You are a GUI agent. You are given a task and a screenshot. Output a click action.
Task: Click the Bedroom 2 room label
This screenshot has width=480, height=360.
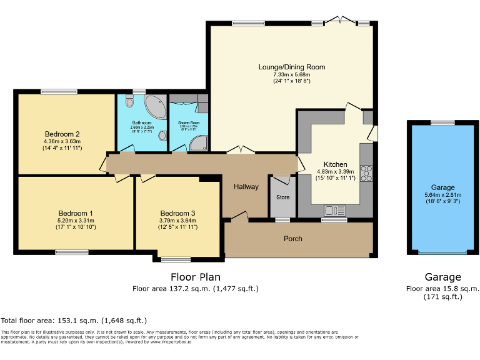(62, 134)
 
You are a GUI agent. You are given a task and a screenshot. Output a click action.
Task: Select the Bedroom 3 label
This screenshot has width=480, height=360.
(177, 212)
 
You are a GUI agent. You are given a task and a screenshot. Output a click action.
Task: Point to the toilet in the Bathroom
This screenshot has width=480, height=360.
(162, 135)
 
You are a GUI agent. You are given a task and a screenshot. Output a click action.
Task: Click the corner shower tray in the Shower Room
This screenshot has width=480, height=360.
(199, 144)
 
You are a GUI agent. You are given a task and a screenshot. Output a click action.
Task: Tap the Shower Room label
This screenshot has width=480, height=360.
(188, 122)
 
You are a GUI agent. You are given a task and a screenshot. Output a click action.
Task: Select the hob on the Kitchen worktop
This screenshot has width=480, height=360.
(366, 172)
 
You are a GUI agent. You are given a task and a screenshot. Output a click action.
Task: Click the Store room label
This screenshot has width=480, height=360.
(283, 197)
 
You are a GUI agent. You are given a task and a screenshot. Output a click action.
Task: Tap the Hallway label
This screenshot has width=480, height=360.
(246, 186)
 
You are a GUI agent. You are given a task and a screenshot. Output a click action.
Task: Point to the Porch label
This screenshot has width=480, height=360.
(293, 239)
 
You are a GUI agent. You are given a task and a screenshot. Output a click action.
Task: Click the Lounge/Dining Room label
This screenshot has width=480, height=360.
(292, 67)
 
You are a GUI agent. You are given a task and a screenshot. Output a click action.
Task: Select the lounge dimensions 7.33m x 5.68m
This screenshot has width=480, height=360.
(292, 74)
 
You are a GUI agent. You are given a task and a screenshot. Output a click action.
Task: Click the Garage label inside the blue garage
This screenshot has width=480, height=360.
(443, 187)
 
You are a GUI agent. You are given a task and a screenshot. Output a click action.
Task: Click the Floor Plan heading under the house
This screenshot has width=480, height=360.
(195, 277)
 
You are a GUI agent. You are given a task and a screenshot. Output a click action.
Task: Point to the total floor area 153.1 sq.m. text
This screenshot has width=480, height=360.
(74, 320)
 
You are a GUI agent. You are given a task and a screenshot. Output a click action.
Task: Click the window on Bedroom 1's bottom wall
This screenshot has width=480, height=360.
(71, 252)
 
